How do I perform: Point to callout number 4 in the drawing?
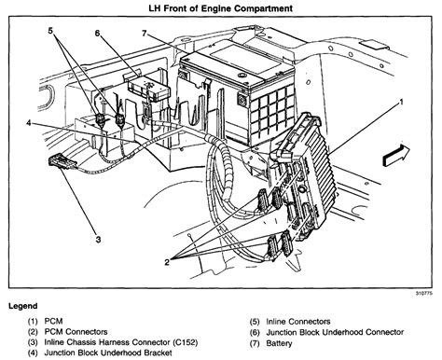(x=30, y=122)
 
